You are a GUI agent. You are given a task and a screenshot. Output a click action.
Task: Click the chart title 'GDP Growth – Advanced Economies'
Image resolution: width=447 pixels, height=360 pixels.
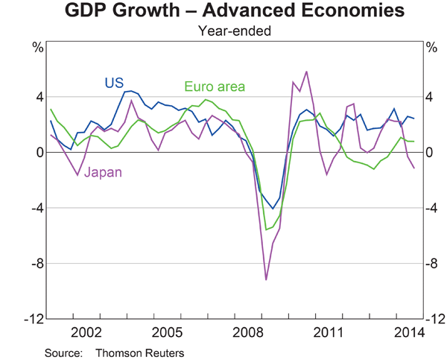click(x=223, y=12)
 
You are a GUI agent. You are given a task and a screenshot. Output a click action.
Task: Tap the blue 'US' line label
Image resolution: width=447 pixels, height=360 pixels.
click(x=113, y=82)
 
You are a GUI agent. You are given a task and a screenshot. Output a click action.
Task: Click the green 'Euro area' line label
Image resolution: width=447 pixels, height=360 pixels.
click(x=214, y=87)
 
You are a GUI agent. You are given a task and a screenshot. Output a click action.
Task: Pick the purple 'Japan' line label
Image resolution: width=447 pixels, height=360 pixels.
click(x=102, y=172)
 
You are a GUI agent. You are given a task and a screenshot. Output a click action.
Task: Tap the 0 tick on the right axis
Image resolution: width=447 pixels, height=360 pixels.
click(x=431, y=153)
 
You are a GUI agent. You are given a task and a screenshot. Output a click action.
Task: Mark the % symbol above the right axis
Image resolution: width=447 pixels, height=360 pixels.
click(x=431, y=48)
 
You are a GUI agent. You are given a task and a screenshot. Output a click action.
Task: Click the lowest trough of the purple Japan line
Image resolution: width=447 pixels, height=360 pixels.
click(x=266, y=280)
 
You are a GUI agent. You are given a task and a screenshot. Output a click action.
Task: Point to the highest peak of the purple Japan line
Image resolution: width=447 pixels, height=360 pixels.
click(x=307, y=72)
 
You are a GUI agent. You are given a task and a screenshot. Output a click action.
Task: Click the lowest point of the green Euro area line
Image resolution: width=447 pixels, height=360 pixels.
click(x=266, y=230)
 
